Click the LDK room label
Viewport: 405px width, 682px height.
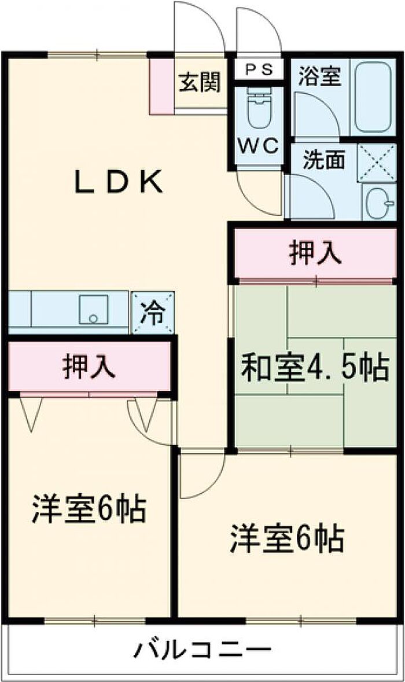(119, 182)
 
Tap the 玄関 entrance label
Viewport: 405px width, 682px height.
(200, 81)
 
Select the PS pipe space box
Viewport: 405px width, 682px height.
(259, 69)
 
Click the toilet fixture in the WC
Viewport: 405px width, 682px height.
(259, 108)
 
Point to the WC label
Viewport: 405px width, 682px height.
(259, 146)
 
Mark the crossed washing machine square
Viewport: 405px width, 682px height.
(377, 162)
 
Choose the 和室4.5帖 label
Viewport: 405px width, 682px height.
(315, 368)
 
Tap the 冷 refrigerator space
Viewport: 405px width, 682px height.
(153, 312)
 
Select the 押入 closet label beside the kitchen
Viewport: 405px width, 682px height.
(90, 366)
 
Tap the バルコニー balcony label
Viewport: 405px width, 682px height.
(202, 650)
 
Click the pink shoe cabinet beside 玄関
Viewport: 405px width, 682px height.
(161, 86)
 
